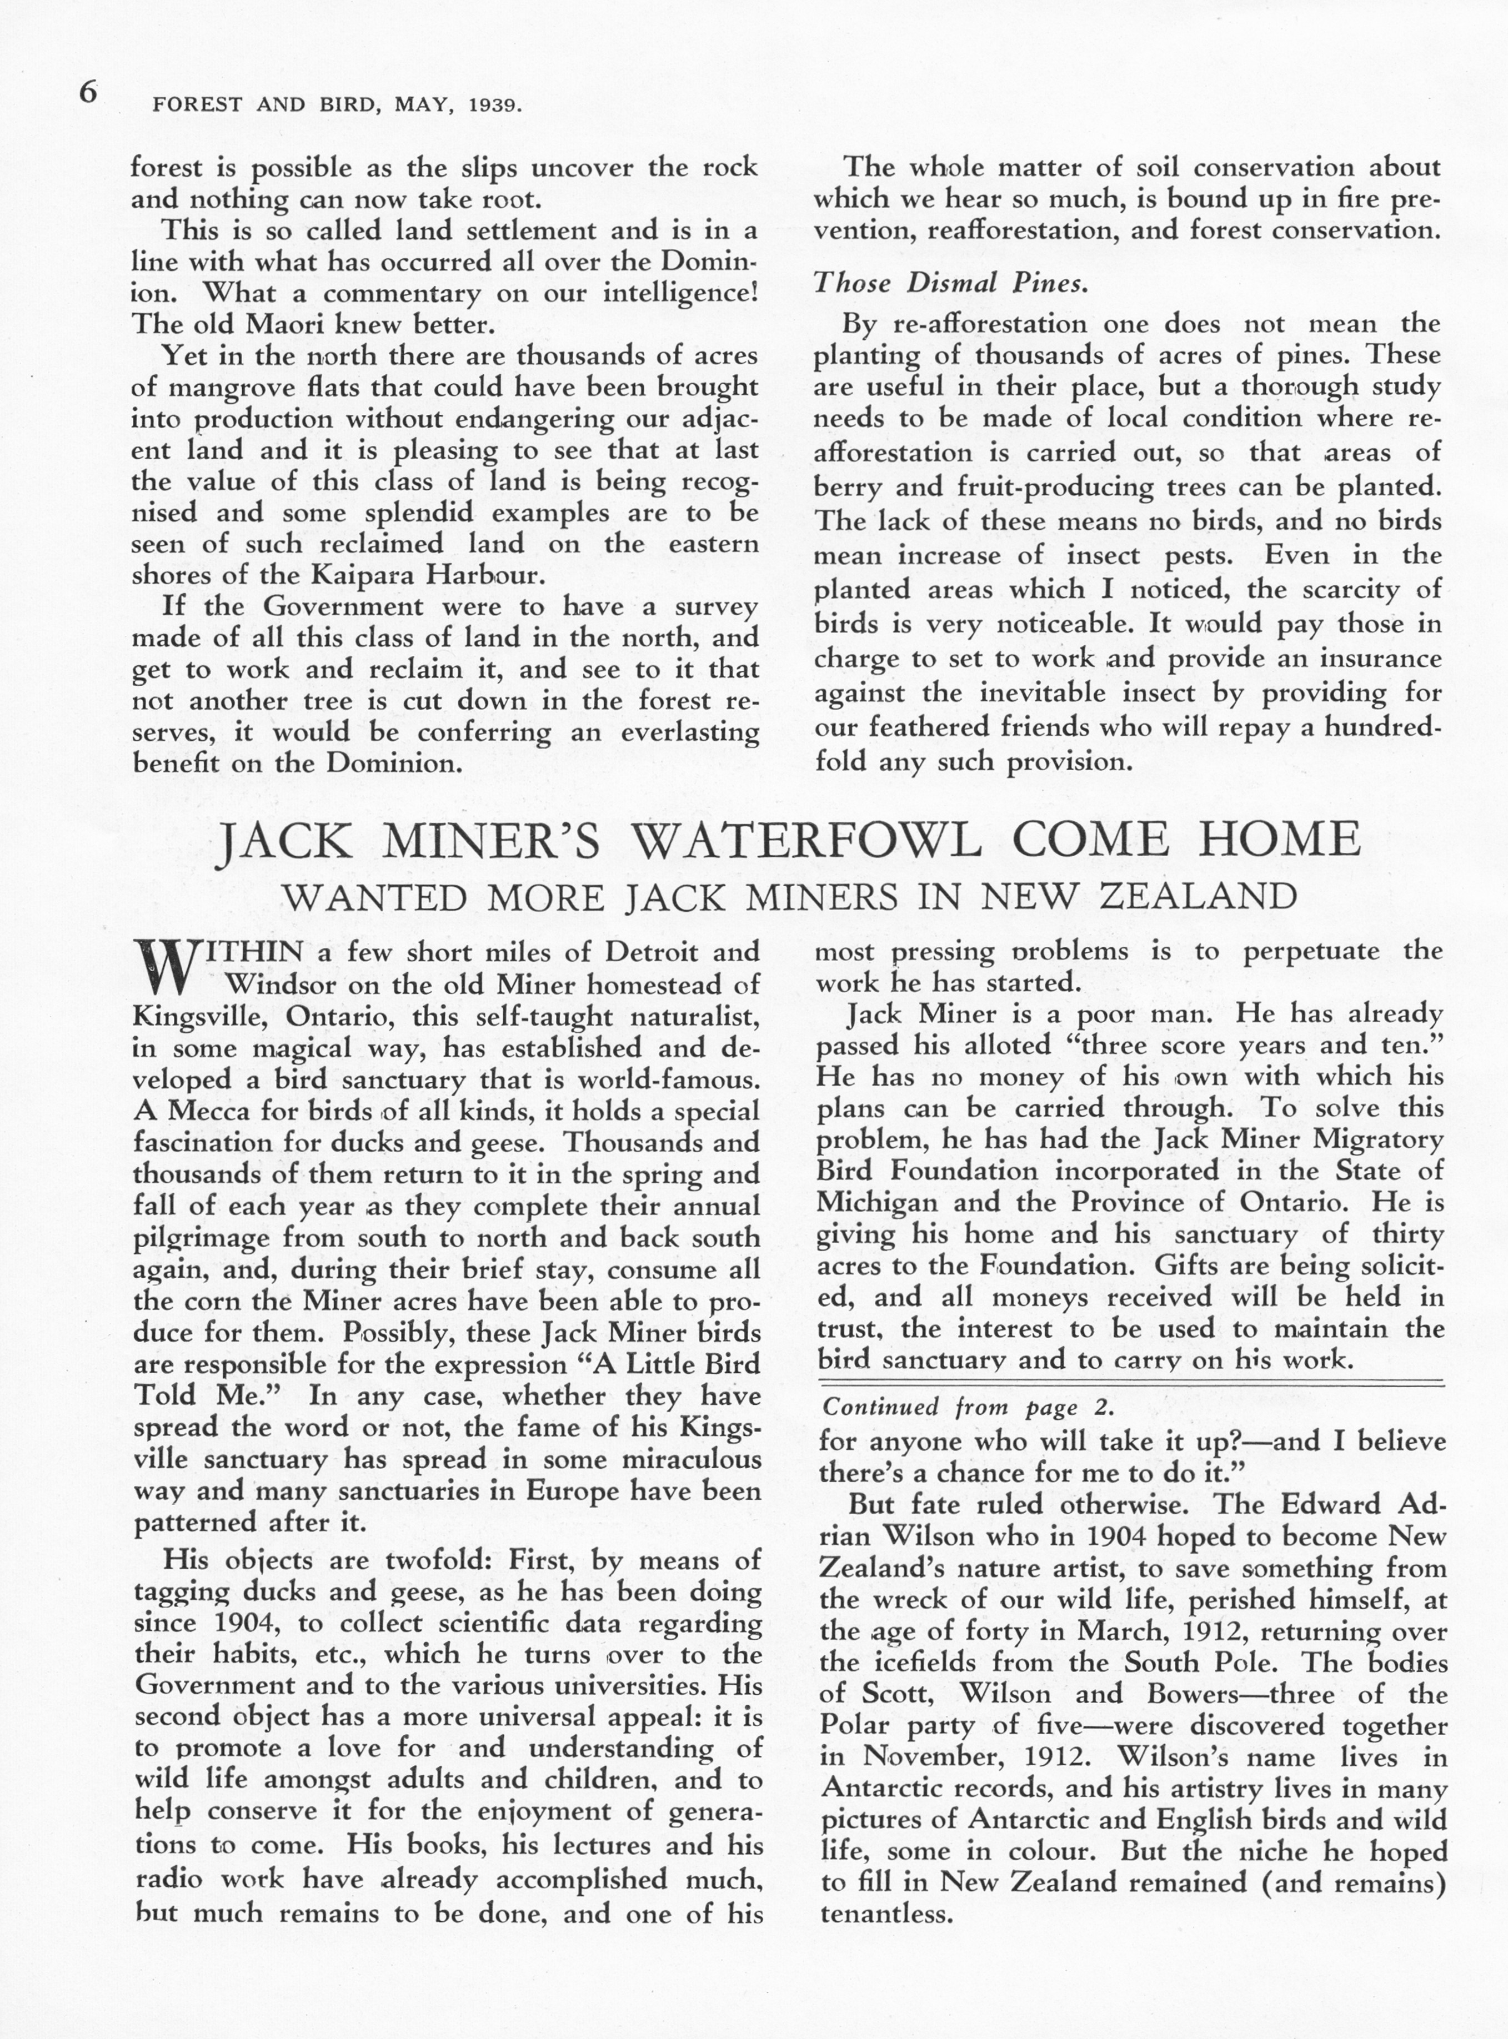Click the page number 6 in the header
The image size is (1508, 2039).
[88, 94]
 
